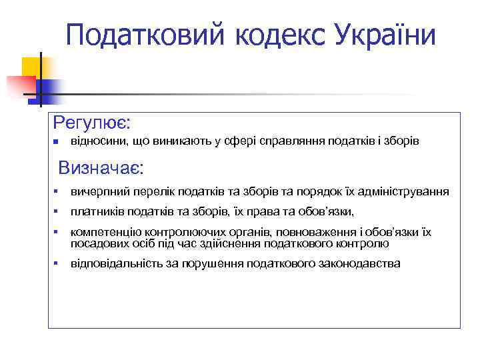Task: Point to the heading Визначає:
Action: [101, 166]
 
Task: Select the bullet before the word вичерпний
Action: [57, 192]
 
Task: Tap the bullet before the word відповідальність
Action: [57, 263]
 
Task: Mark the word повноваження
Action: [314, 232]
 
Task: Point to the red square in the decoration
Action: [20, 85]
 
